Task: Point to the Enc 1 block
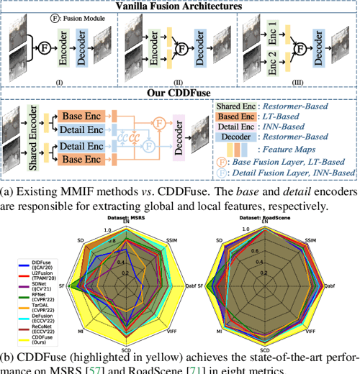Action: tap(272, 32)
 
